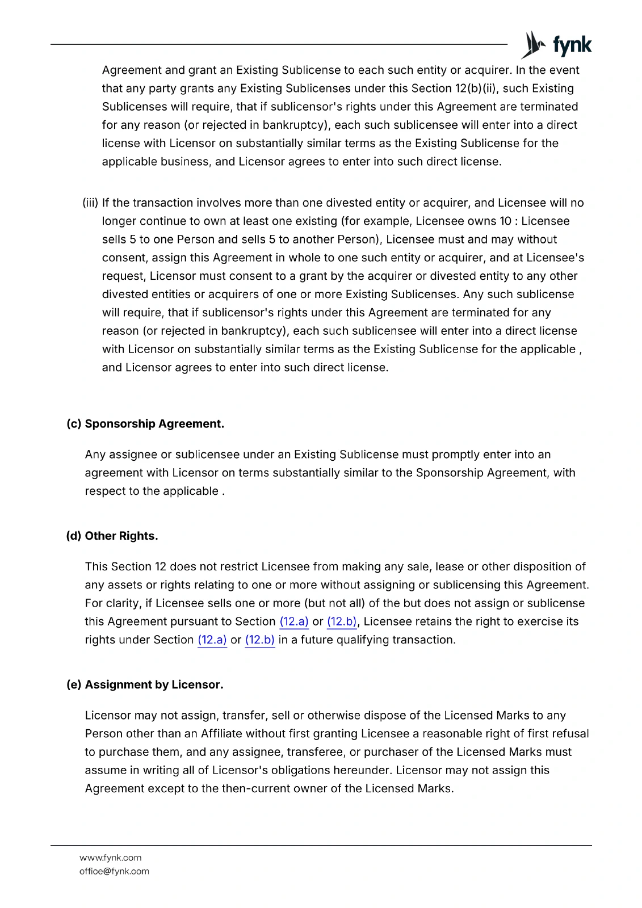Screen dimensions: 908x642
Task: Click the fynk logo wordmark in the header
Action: point(572,45)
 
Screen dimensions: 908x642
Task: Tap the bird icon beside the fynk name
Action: point(534,44)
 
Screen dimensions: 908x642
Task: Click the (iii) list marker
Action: point(90,203)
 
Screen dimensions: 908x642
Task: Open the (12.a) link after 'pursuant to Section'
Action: point(294,621)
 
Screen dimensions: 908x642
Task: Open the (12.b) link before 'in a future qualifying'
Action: point(260,640)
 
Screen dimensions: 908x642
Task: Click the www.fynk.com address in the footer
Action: point(110,857)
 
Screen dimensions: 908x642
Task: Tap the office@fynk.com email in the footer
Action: point(114,871)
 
